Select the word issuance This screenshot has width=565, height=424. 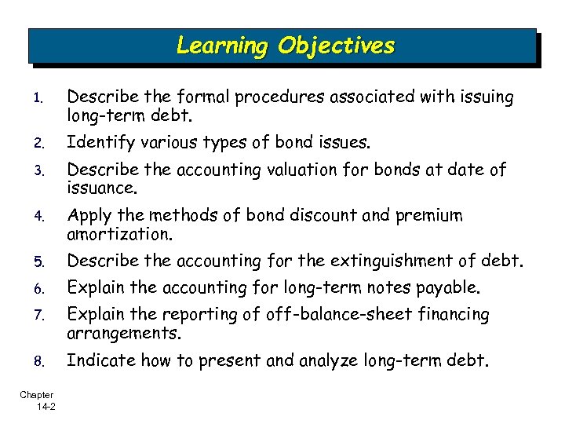[x=102, y=189]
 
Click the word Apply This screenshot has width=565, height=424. [x=89, y=216]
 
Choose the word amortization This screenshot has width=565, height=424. [x=119, y=235]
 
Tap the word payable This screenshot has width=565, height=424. [x=445, y=287]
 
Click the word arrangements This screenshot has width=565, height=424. [x=124, y=334]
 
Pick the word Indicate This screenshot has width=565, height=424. [x=97, y=361]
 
